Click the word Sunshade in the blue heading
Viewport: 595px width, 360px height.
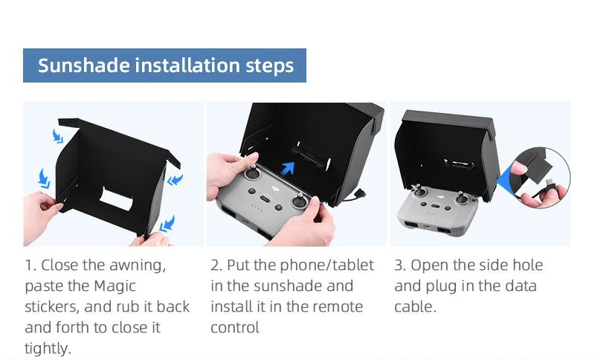tap(84, 65)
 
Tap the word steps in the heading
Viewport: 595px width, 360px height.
tap(270, 66)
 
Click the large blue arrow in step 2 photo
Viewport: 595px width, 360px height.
tap(288, 168)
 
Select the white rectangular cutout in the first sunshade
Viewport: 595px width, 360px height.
tap(116, 199)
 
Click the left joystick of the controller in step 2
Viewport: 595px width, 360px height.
tap(252, 173)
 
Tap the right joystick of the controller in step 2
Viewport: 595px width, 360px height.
tap(300, 201)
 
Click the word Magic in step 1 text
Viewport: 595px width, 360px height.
tap(115, 286)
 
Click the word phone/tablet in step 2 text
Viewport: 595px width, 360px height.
tap(327, 266)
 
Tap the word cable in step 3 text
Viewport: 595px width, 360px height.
tap(415, 306)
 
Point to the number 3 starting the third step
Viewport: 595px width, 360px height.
tap(399, 266)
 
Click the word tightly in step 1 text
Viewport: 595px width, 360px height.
tap(48, 348)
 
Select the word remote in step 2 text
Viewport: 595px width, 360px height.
tap(335, 307)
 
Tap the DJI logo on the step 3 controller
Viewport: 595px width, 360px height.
tap(440, 196)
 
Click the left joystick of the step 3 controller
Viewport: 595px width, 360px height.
tap(418, 190)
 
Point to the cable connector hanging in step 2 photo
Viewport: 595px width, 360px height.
tap(360, 194)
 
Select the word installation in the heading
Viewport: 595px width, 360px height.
tap(187, 65)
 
